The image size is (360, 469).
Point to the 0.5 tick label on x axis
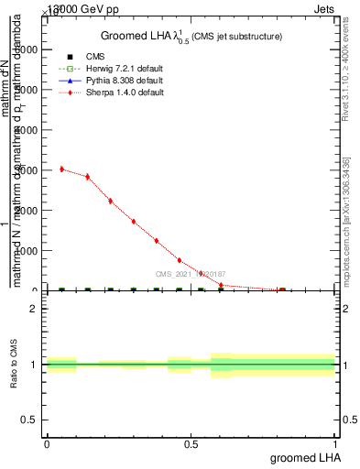tap(191, 443)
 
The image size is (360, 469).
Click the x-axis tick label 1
tap(335, 443)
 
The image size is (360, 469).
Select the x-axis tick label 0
tap(47, 443)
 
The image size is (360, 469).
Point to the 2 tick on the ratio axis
tap(34, 309)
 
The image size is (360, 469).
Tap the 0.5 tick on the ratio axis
tap(30, 420)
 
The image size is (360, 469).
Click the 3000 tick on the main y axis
tap(27, 170)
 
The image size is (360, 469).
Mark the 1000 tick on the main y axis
tap(27, 251)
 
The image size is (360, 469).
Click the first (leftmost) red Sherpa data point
tap(61, 169)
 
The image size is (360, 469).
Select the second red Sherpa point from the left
tap(87, 176)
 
